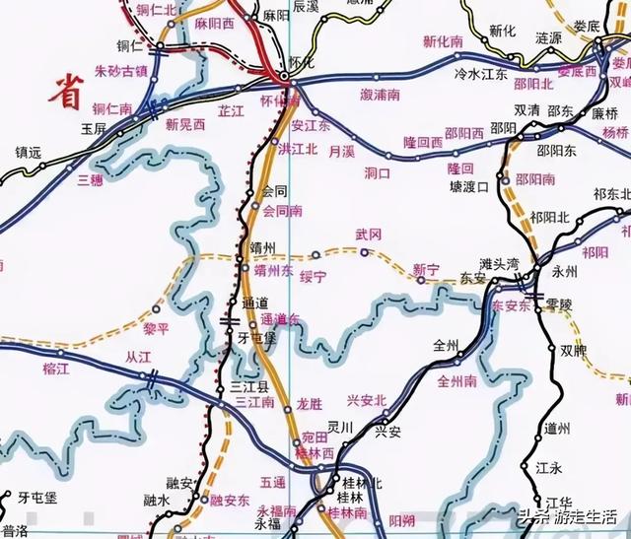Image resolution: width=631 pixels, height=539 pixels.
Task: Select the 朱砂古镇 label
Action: pyautogui.click(x=120, y=72)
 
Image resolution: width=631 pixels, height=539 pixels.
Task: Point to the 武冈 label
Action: pyautogui.click(x=367, y=235)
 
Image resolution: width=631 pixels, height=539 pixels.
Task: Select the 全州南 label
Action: pyautogui.click(x=456, y=379)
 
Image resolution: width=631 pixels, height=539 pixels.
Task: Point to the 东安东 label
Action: pyautogui.click(x=511, y=305)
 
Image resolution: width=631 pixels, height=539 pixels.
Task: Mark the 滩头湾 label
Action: pyautogui.click(x=499, y=264)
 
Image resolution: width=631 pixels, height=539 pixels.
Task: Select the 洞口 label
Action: pyautogui.click(x=378, y=172)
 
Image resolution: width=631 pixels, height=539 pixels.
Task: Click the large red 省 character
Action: pyautogui.click(x=67, y=91)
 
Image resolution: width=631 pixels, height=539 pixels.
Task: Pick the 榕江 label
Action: pyautogui.click(x=56, y=368)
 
